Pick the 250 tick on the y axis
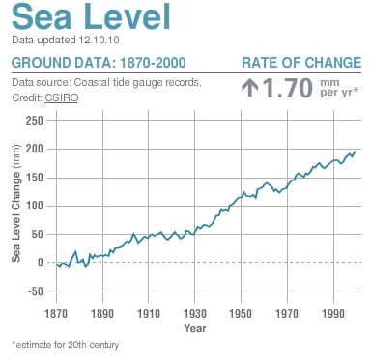(x=35, y=121)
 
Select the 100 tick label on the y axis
(x=35, y=206)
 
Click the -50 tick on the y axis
(x=35, y=291)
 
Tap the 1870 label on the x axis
(x=56, y=315)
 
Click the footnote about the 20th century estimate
(x=64, y=344)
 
